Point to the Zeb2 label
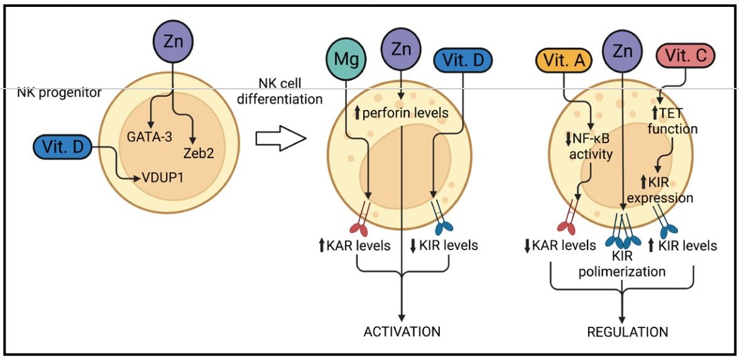coord(196,153)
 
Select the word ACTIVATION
coord(403,331)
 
